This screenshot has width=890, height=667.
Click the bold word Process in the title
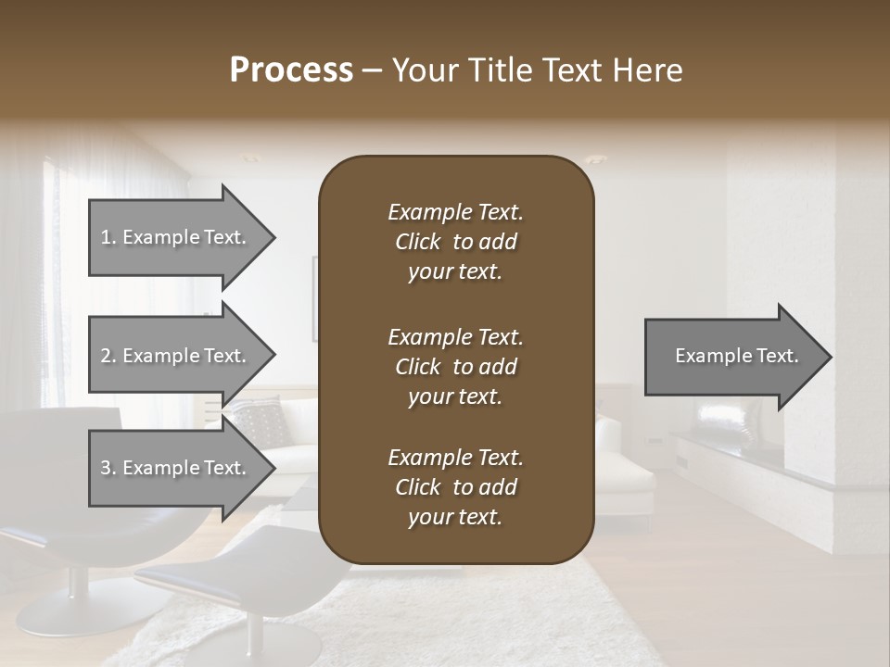point(291,70)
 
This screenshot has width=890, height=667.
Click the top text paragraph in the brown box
point(455,242)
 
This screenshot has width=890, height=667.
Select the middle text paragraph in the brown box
point(455,367)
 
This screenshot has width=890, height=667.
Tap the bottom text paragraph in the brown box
point(455,487)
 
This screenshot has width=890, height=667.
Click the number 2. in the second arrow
point(108,356)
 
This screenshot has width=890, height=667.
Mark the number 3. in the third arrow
point(108,468)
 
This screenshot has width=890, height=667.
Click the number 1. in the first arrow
point(108,237)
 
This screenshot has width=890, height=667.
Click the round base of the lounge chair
point(69,612)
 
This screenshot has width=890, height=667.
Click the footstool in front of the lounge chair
point(250,574)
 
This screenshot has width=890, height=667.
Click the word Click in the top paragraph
point(418,242)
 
